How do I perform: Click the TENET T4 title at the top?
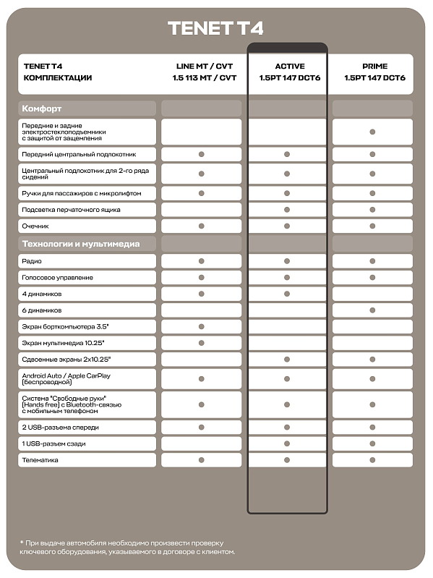pyautogui.click(x=215, y=28)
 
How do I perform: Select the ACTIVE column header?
pyautogui.click(x=289, y=72)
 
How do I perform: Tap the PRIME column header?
pyautogui.click(x=374, y=72)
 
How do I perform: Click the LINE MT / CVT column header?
pyautogui.click(x=205, y=72)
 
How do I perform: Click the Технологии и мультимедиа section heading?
pyautogui.click(x=80, y=244)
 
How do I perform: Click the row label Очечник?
pyautogui.click(x=36, y=226)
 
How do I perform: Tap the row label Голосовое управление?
pyautogui.click(x=57, y=277)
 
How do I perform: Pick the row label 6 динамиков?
pyautogui.click(x=42, y=310)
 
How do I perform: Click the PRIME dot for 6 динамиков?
pyautogui.click(x=372, y=310)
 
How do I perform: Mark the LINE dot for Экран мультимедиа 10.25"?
pyautogui.click(x=202, y=343)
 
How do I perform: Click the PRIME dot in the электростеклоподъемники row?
pyautogui.click(x=372, y=132)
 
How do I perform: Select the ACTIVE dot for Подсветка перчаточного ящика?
pyautogui.click(x=287, y=209)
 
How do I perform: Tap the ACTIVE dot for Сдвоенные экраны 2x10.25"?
pyautogui.click(x=287, y=360)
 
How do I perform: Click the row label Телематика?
pyautogui.click(x=40, y=459)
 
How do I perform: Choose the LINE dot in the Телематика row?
pyautogui.click(x=202, y=459)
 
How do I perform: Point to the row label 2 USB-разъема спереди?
pyautogui.click(x=61, y=427)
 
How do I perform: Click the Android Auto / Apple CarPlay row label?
pyautogui.click(x=67, y=378)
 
